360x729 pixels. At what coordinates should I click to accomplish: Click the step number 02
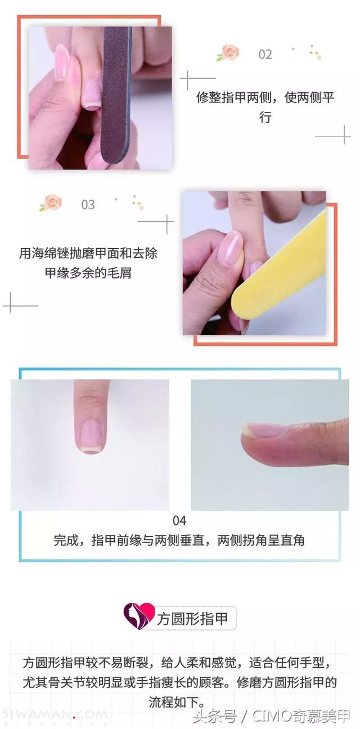point(265,55)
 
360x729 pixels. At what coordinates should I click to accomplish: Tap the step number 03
point(88,205)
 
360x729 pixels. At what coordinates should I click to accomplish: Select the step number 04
point(179,521)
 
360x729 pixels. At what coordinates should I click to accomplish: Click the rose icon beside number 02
point(228,52)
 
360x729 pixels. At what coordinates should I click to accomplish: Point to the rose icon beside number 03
point(51,202)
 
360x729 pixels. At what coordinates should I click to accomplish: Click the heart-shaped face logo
point(138,616)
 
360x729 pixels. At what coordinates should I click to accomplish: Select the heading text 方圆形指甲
point(192,619)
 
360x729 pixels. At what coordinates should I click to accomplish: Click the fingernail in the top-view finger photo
point(92,435)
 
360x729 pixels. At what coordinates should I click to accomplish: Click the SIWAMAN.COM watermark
point(55,715)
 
